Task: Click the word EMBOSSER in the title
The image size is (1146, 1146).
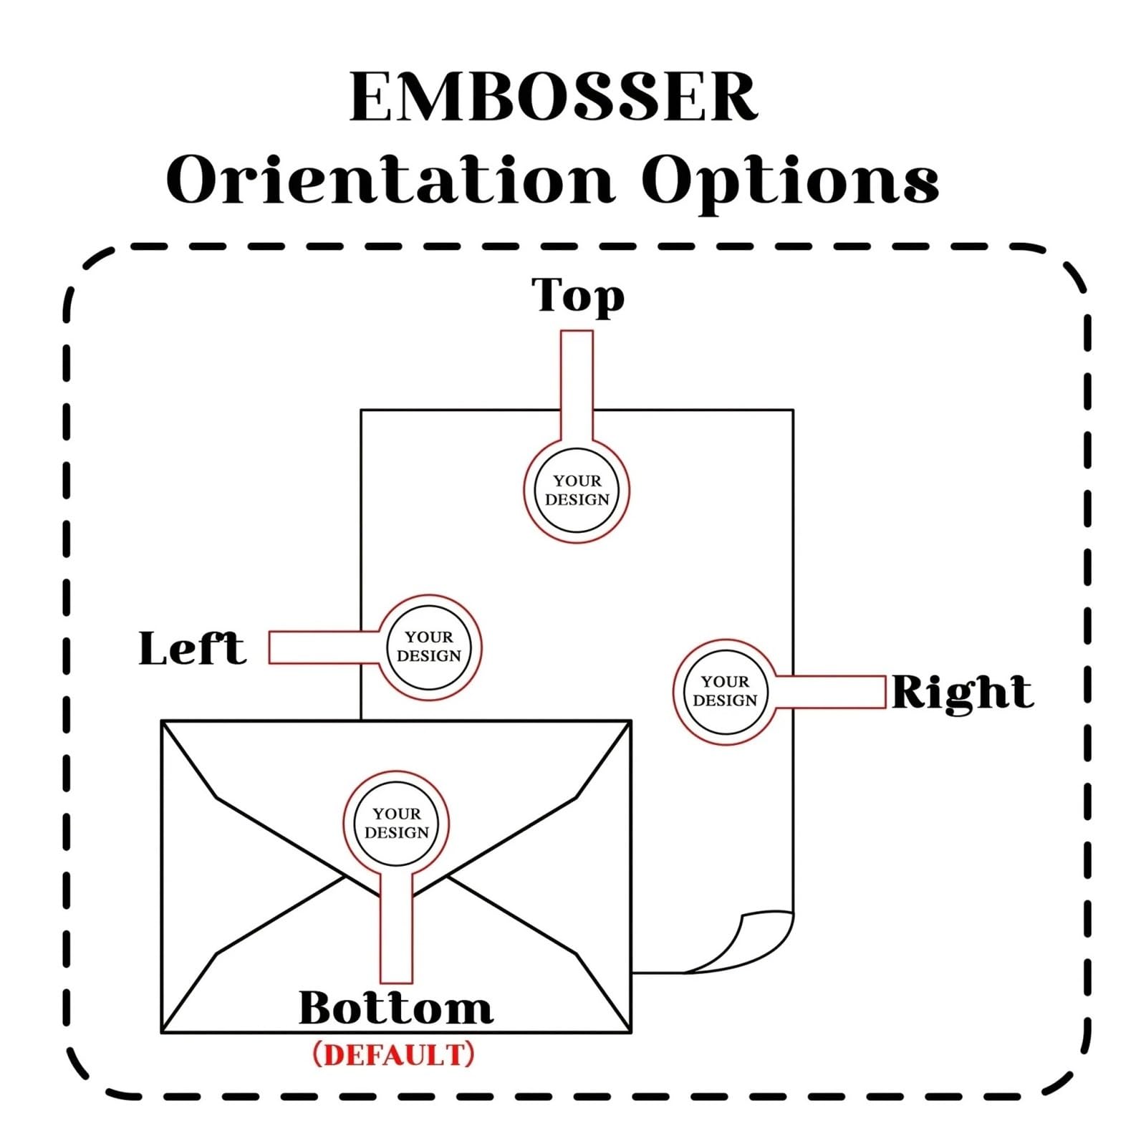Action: (553, 97)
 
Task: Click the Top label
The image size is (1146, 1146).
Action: (577, 296)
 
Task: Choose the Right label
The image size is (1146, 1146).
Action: (962, 693)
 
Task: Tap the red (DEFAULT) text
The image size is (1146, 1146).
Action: (394, 1054)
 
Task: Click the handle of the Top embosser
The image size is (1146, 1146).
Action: (577, 386)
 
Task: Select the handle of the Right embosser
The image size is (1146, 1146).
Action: (830, 692)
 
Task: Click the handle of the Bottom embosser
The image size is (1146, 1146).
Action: (396, 928)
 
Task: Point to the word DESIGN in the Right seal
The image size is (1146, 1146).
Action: (725, 700)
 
